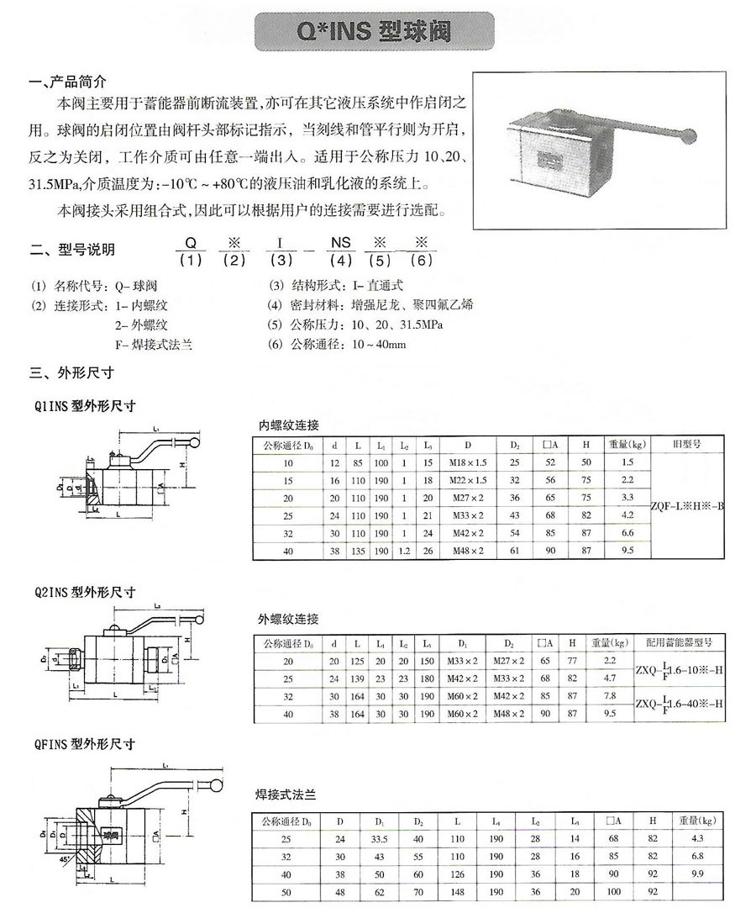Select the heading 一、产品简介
pyautogui.click(x=68, y=82)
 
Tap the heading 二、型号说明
pyautogui.click(x=72, y=249)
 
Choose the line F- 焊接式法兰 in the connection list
pyautogui.click(x=154, y=345)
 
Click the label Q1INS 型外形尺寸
pyautogui.click(x=82, y=405)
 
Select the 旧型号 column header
pyautogui.click(x=685, y=442)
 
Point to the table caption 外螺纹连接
pyautogui.click(x=288, y=620)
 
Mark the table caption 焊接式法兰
pyautogui.click(x=285, y=793)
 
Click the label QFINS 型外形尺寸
pyautogui.click(x=82, y=743)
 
